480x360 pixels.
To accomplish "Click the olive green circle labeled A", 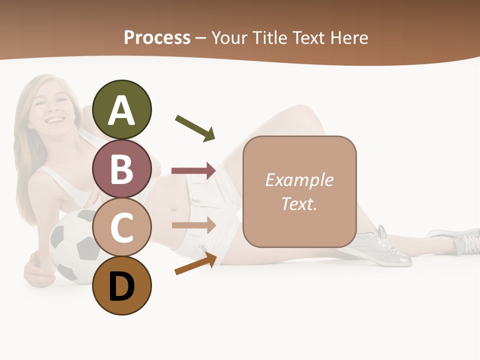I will [122, 109].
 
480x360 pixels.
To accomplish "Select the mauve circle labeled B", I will [122, 168].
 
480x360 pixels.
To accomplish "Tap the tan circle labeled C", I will [122, 227].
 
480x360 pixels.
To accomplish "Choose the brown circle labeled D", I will [122, 285].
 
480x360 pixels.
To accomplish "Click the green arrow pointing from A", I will [195, 128].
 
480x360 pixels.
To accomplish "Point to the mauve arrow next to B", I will [193, 171].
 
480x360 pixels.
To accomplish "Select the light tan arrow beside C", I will [193, 225].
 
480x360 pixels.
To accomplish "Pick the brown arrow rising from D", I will [195, 263].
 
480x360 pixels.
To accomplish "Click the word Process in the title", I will [157, 38].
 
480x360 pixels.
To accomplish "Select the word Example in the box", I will [299, 180].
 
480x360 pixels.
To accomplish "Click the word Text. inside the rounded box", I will [299, 203].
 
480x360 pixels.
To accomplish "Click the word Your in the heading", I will [230, 38].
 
